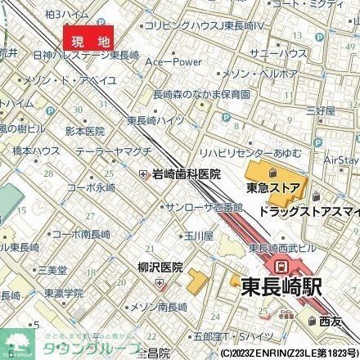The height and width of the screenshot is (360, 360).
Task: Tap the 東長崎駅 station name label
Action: pos(280,287)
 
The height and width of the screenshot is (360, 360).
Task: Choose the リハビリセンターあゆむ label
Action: pos(245,154)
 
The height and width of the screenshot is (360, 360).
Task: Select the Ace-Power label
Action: pos(173,61)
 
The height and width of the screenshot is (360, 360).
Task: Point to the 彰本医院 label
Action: pos(85,130)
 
